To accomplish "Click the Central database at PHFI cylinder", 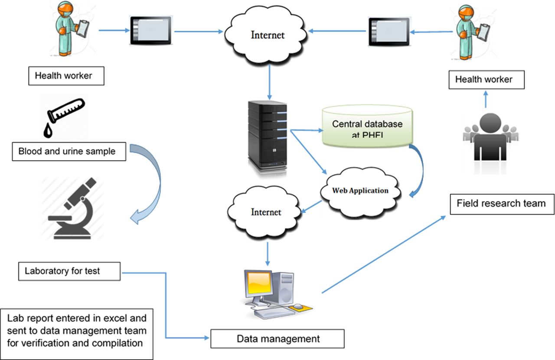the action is [367, 126].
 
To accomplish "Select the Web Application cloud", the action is [360, 192].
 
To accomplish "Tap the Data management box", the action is [277, 339].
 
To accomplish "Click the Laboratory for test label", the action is [69, 271].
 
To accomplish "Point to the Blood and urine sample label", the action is [69, 152].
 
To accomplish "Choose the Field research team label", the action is [502, 204].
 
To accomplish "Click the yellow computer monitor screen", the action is [259, 283].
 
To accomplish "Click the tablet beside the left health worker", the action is [151, 30].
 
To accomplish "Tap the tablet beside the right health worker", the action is [389, 32].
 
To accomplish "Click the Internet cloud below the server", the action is [264, 212].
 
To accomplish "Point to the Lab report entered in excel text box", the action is [77, 334].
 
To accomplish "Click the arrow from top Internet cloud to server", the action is [270, 82].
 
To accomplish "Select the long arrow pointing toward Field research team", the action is [384, 254].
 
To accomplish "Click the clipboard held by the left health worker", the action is [83, 28].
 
